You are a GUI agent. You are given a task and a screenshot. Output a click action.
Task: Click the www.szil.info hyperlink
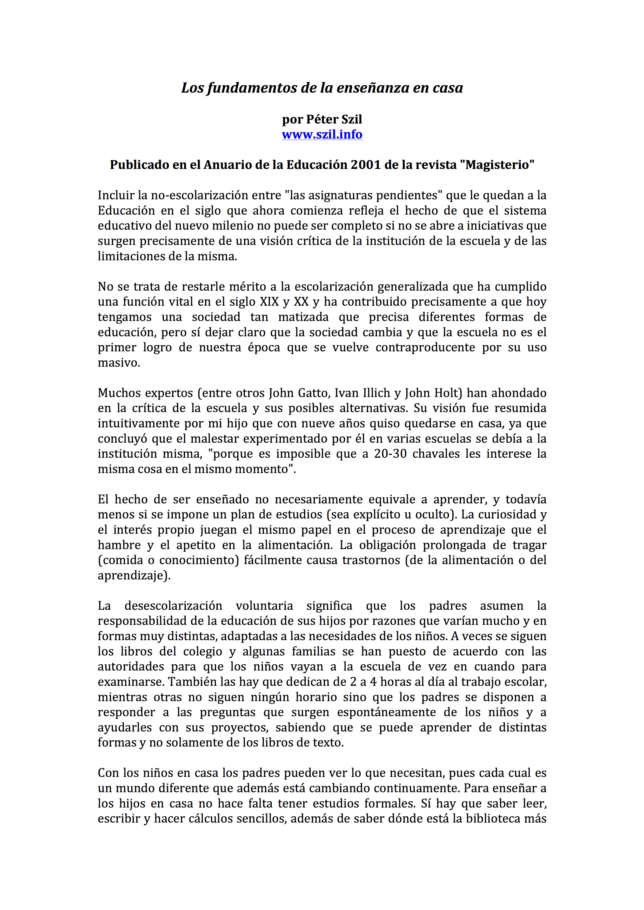point(322,134)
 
